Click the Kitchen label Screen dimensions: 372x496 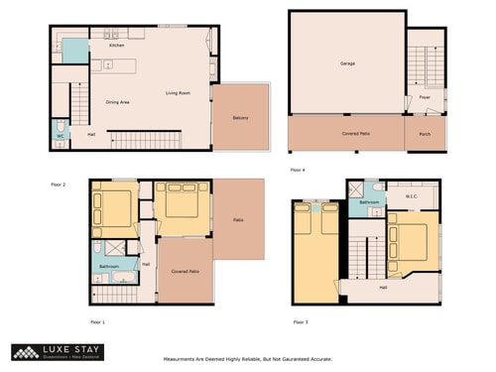(x=116, y=46)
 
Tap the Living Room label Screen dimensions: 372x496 (x=178, y=93)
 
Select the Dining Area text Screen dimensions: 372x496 (x=118, y=103)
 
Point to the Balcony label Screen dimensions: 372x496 (x=241, y=119)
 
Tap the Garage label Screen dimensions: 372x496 (x=347, y=63)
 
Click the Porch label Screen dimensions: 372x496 (x=425, y=133)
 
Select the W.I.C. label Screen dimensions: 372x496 (x=412, y=195)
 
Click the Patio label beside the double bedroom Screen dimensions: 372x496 (x=238, y=219)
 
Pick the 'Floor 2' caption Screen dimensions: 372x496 (x=59, y=184)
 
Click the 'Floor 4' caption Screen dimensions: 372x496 (x=298, y=170)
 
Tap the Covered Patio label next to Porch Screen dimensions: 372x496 (x=347, y=133)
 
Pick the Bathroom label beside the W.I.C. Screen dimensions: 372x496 (x=370, y=201)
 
